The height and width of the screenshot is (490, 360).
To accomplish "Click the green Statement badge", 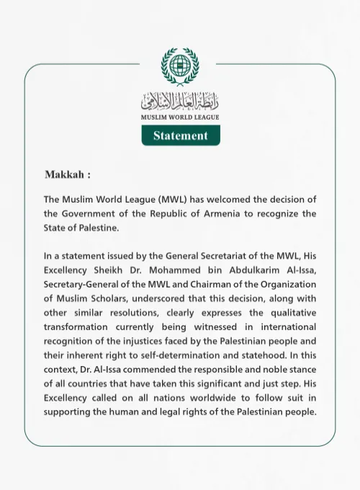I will coord(180,135).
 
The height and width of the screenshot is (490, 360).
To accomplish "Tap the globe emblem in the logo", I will coord(180,68).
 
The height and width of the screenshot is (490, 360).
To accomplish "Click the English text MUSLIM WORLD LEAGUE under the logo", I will coord(180,117).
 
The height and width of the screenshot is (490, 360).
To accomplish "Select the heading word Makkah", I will coord(65,175).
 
